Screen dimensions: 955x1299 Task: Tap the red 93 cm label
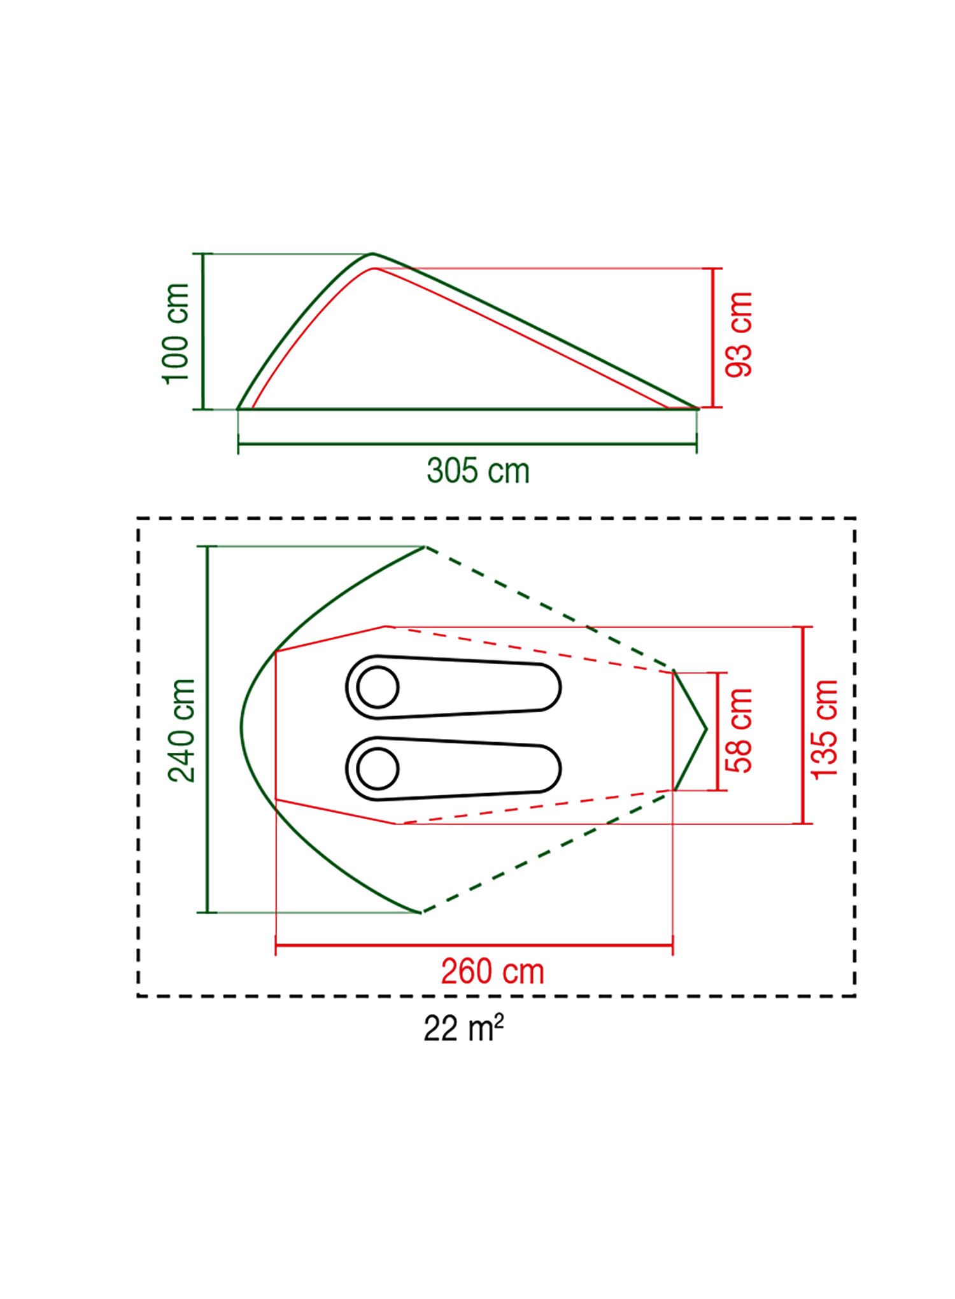739,334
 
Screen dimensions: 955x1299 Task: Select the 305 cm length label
478,471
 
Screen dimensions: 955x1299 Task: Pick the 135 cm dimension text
825,728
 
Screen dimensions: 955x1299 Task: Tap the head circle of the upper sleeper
378,687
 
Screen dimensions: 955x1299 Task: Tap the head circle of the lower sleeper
378,768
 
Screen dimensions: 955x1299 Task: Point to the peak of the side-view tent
373,254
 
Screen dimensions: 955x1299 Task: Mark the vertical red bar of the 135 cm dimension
803,725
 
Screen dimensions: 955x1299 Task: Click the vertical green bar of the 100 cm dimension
203,331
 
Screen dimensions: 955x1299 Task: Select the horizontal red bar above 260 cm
474,945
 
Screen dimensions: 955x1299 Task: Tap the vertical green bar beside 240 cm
208,729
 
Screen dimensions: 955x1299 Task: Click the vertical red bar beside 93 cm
713,338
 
